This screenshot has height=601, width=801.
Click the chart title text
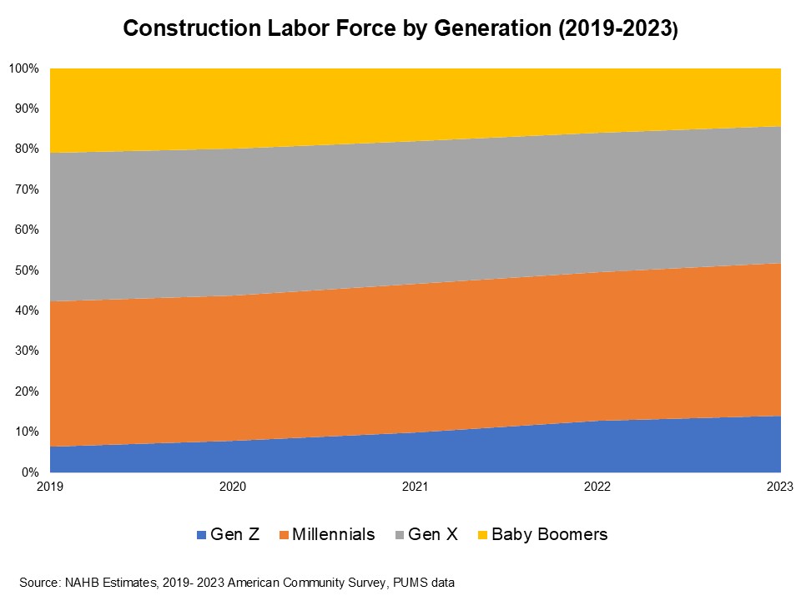pos(400,29)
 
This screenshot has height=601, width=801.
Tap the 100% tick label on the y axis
pos(24,68)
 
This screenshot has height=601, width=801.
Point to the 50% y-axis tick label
pos(27,270)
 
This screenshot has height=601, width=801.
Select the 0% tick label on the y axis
pos(30,472)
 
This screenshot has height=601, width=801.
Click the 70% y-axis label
pos(27,189)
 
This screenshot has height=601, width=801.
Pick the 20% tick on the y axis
pos(27,391)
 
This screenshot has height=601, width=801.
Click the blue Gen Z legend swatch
pos(200,535)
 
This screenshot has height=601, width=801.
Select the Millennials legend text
pos(333,534)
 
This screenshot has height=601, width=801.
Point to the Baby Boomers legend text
pos(549,534)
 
